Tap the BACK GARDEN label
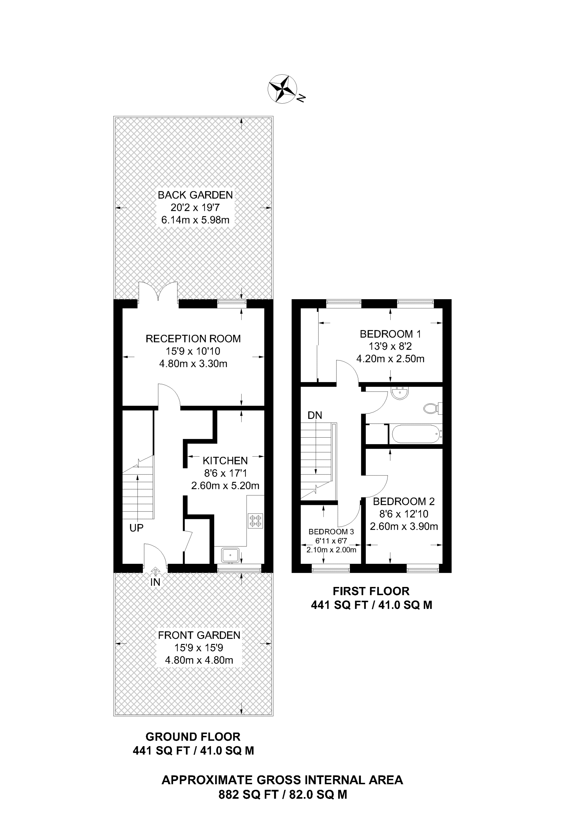(195, 195)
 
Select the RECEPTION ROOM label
(193, 339)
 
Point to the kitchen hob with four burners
(255, 521)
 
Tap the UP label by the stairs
(136, 528)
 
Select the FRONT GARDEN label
(199, 635)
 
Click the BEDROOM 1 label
(390, 334)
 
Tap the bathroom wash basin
(400, 393)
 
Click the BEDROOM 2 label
(404, 501)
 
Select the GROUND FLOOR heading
(193, 737)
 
